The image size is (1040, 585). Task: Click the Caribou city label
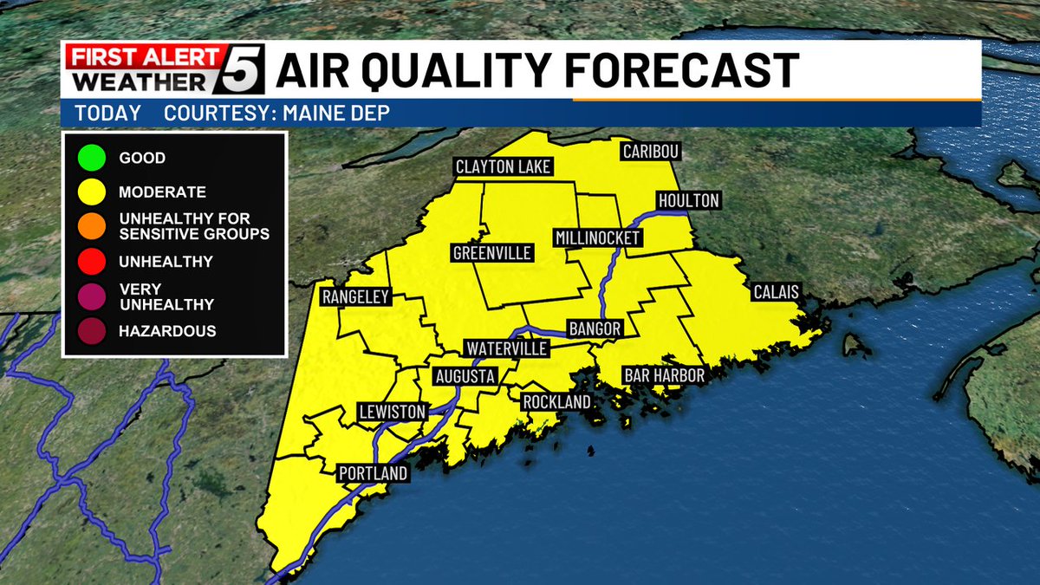(x=651, y=152)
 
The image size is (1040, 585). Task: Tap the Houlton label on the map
(x=689, y=200)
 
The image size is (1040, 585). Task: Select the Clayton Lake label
(x=504, y=166)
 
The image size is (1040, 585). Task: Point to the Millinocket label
(x=598, y=237)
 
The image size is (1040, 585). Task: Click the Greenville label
(x=492, y=253)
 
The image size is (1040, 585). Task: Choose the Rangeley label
(x=356, y=297)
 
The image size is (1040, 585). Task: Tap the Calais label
(x=775, y=292)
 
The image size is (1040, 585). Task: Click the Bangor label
(x=595, y=329)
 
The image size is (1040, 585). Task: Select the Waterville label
(x=507, y=348)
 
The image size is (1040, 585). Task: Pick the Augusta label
(x=465, y=376)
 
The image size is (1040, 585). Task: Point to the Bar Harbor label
(x=664, y=376)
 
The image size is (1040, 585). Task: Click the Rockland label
(x=556, y=402)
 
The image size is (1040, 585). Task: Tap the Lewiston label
(x=393, y=412)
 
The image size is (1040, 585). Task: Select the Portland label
(x=372, y=473)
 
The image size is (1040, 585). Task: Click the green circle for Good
(x=90, y=159)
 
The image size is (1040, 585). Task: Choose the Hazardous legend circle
(x=90, y=331)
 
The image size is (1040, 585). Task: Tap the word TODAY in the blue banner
(x=107, y=114)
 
